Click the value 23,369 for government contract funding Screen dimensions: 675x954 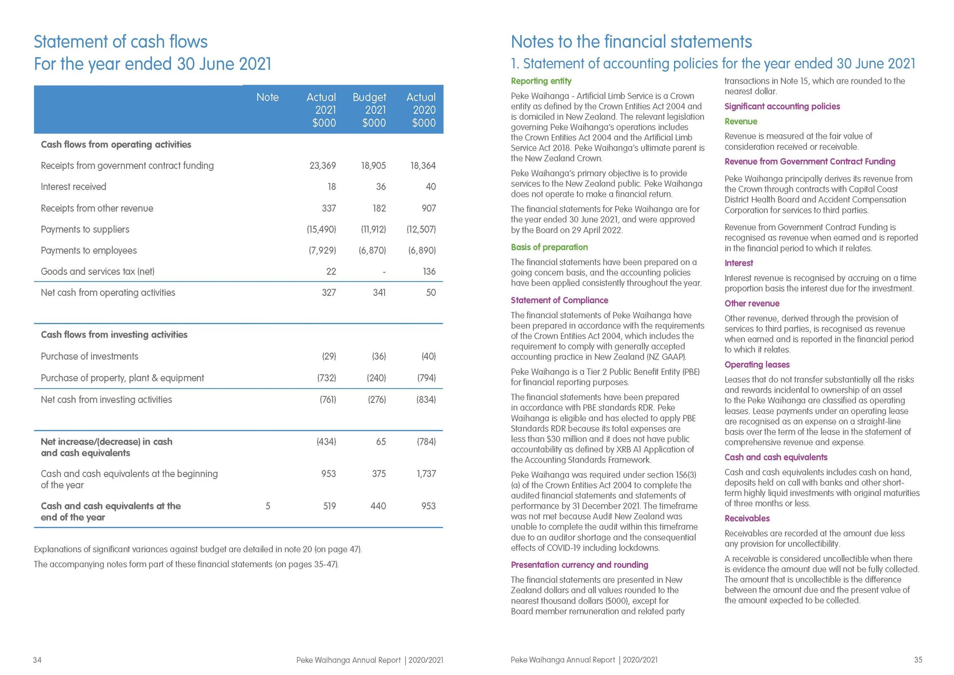pos(322,165)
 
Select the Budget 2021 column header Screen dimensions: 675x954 pos(369,110)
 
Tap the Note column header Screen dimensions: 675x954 pos(267,97)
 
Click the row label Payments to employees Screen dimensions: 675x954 pos(89,250)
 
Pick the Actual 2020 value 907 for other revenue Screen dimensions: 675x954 pos(429,208)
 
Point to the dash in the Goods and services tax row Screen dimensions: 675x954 pos(384,272)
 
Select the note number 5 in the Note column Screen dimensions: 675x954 pos(268,506)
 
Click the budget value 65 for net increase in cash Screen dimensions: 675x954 pos(380,441)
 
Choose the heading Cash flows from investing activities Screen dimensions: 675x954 pos(114,334)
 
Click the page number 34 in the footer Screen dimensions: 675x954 pos(37,660)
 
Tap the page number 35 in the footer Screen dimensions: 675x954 pos(918,660)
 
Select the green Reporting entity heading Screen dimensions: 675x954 pos(541,81)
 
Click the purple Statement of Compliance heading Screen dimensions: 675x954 pos(559,300)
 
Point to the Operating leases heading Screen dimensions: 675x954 pos(757,365)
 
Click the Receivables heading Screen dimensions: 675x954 pos(747,518)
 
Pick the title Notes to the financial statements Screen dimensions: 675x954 pos(631,42)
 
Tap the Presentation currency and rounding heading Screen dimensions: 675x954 pos(579,565)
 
